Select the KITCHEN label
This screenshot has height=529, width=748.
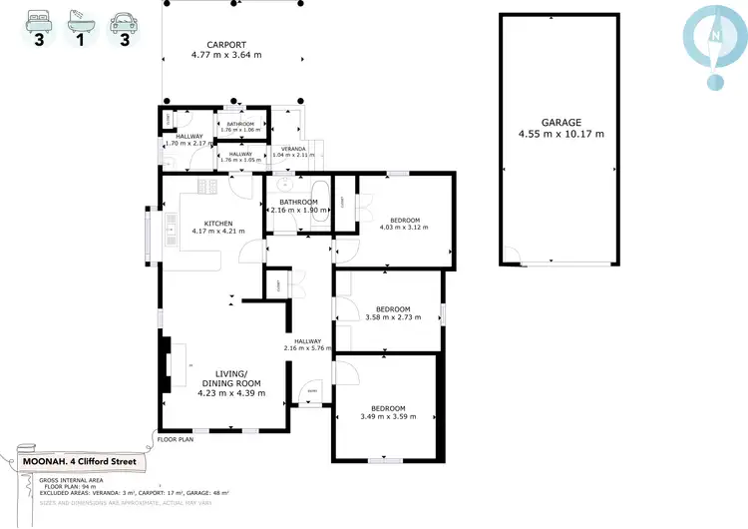tap(218, 223)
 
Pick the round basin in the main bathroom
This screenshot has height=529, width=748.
tap(284, 185)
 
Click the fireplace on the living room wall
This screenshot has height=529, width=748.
tap(166, 366)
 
